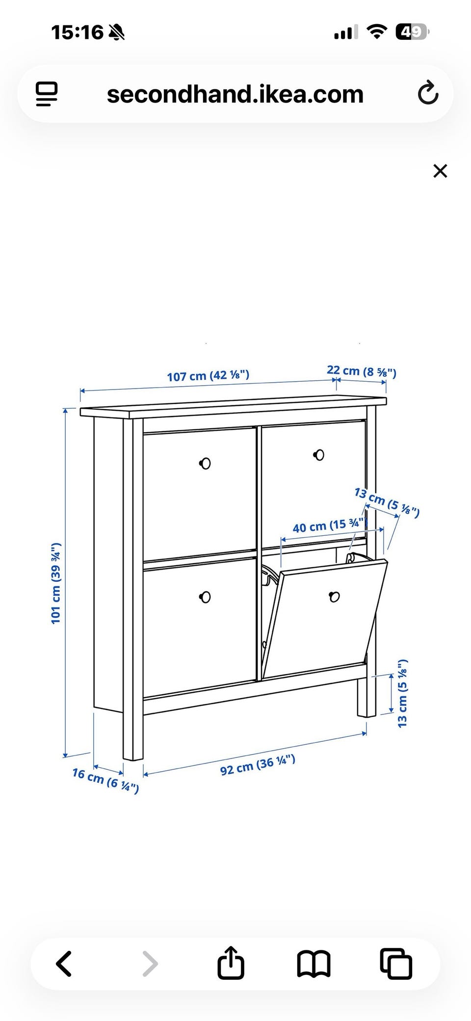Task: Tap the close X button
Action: click(x=440, y=171)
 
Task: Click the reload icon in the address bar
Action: click(x=428, y=93)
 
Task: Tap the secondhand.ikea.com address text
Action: click(x=235, y=94)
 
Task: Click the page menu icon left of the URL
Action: click(x=47, y=94)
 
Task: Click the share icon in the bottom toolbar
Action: click(x=231, y=962)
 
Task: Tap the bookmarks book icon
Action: click(x=314, y=964)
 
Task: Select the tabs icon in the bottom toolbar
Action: click(x=396, y=964)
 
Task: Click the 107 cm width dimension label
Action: click(x=208, y=376)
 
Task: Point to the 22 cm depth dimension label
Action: click(x=362, y=371)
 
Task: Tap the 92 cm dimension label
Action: click(x=258, y=765)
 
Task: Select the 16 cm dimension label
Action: click(x=105, y=780)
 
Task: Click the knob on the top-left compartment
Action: click(x=205, y=463)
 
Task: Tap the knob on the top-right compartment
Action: click(x=319, y=455)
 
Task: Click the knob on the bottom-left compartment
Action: click(x=205, y=597)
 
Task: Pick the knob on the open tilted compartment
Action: click(x=335, y=597)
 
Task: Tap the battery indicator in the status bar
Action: click(x=413, y=32)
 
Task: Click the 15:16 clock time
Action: click(x=77, y=32)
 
